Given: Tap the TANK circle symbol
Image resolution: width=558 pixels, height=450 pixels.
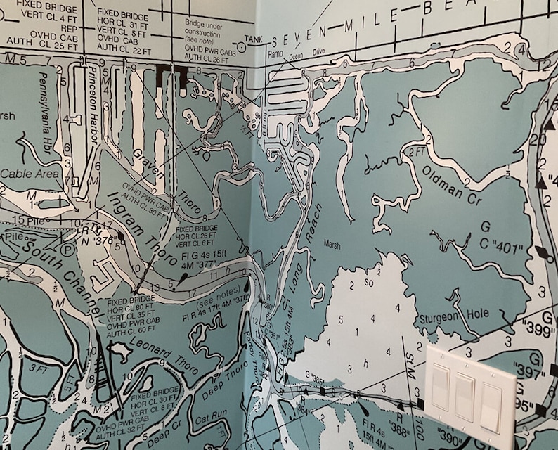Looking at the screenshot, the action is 242,46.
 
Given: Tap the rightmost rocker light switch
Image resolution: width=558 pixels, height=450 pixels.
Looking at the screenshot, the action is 491,406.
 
